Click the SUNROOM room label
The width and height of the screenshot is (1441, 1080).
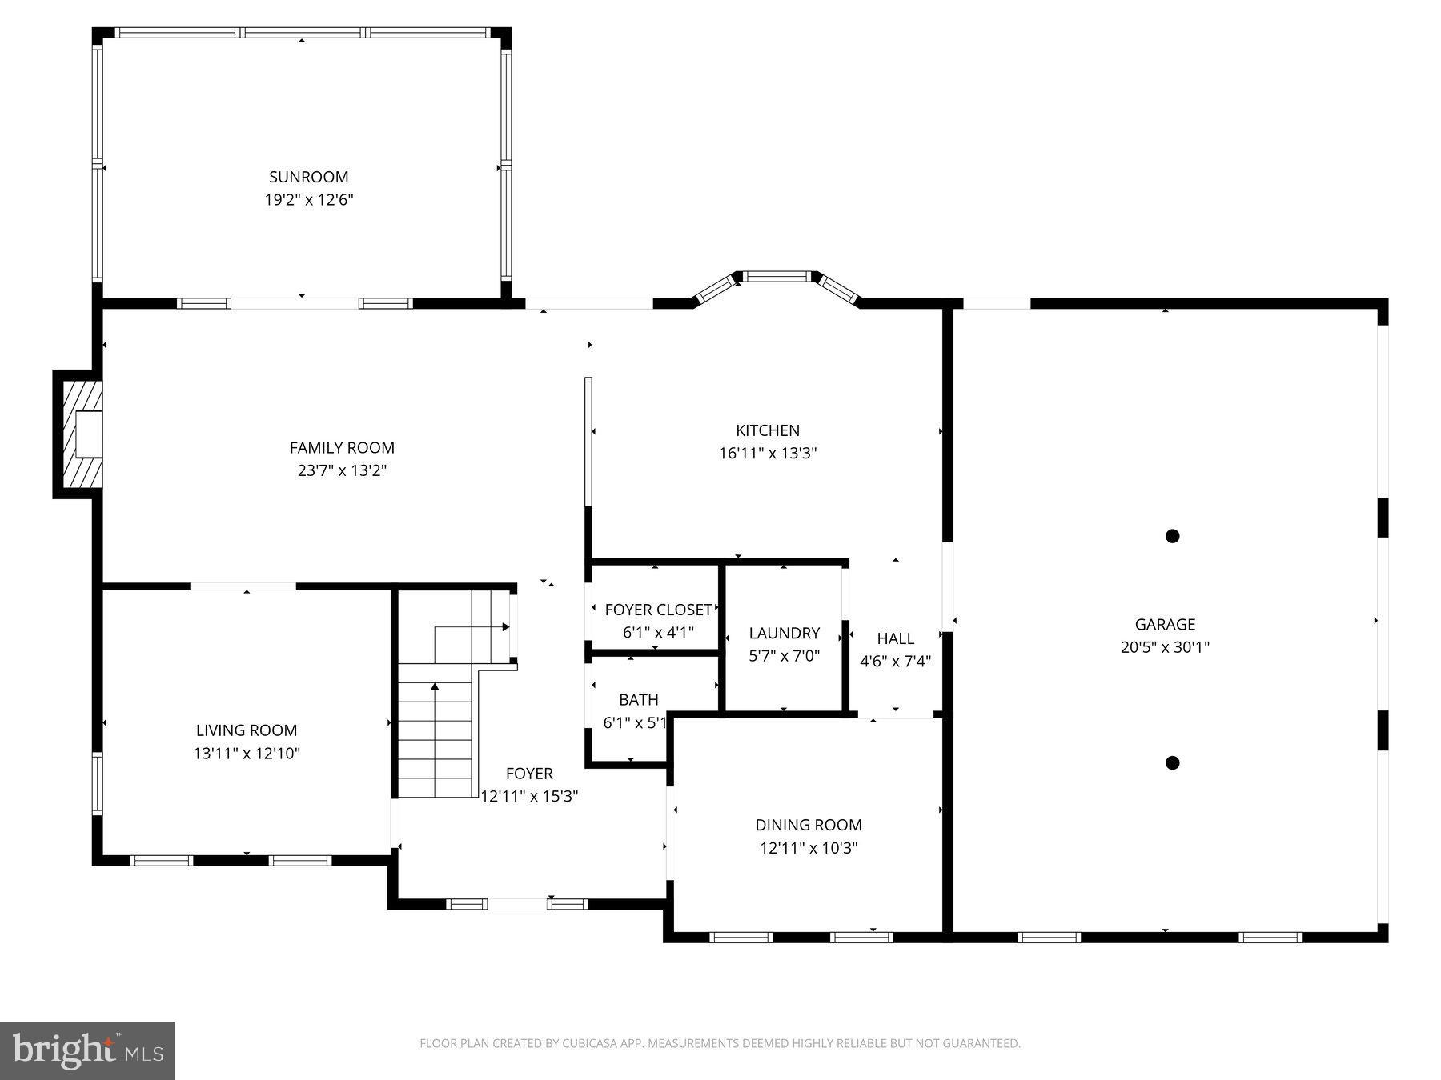[x=308, y=177]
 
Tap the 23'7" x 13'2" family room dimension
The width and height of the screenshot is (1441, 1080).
[x=342, y=470]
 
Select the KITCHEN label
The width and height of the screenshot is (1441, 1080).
[x=768, y=430]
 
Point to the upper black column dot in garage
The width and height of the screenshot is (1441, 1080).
[x=1172, y=536]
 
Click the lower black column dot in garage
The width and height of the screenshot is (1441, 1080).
[x=1172, y=762]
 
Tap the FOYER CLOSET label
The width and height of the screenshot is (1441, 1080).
[x=658, y=610]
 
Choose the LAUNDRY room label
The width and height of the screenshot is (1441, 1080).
[x=784, y=633]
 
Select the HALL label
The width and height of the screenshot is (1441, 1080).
[x=895, y=638]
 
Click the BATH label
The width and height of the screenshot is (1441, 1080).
[x=638, y=700]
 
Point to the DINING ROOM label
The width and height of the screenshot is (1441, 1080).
[x=809, y=825]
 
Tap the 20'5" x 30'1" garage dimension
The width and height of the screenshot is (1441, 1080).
[x=1165, y=647]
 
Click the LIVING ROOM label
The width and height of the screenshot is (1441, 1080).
[x=246, y=730]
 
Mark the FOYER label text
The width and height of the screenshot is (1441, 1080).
[x=529, y=774]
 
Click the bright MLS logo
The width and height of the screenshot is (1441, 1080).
[x=87, y=1050]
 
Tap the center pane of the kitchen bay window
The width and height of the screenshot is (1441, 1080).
[x=776, y=277]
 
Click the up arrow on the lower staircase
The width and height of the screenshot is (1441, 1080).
[x=435, y=686]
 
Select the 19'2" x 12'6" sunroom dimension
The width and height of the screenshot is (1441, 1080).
[x=308, y=200]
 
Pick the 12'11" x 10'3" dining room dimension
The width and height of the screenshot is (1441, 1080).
[x=809, y=848]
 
